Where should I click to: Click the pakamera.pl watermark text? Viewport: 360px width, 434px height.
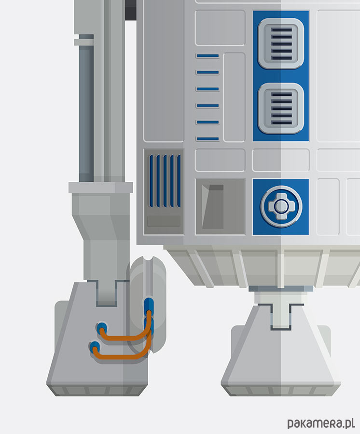tap(321, 423)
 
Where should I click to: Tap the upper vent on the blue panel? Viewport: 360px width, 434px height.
tap(281, 43)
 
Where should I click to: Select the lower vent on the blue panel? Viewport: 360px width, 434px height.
tap(281, 108)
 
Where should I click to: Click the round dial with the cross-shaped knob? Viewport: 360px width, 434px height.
tap(281, 206)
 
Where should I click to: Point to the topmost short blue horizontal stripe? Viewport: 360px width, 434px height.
tap(208, 56)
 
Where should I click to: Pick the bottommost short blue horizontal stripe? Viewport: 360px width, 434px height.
tap(208, 139)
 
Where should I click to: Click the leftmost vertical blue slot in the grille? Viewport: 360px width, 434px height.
tap(151, 181)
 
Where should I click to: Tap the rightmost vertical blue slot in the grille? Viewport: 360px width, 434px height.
tap(179, 181)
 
